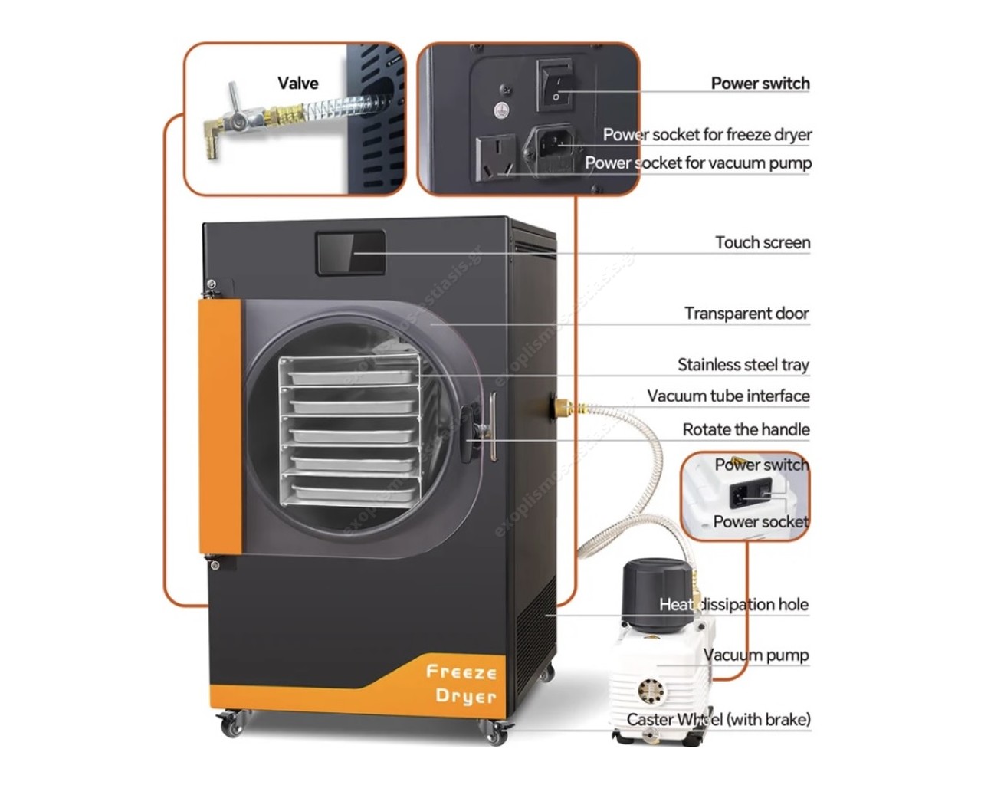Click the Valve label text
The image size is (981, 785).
[297, 83]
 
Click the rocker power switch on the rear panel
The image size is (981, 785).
[556, 84]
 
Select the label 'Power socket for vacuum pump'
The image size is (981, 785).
[697, 163]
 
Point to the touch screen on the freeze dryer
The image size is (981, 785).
[351, 253]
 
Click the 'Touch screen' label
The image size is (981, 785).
[762, 242]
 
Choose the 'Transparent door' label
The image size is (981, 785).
[746, 313]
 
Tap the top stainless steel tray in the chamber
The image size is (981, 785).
[349, 376]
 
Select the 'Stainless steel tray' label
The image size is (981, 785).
[743, 364]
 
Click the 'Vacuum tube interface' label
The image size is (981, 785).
[727, 396]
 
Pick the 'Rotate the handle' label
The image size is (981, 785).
[745, 429]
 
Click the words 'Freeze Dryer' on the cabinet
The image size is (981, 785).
[461, 684]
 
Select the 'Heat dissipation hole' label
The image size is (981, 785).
[733, 604]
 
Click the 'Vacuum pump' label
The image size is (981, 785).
[756, 655]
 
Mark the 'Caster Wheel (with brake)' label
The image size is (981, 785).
[718, 719]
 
